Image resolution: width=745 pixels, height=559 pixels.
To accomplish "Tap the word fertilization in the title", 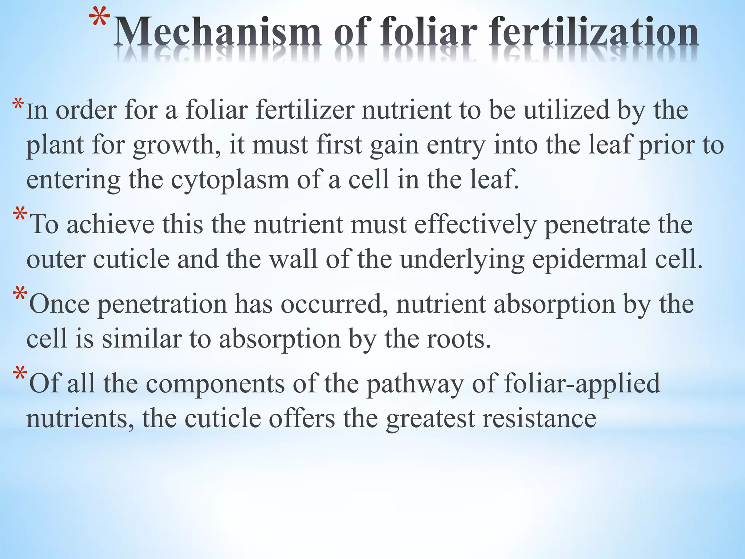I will pos(594,33).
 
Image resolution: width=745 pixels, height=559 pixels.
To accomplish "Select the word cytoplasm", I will pos(230,180).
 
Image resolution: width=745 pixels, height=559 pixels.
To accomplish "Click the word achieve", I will pos(111,225).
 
